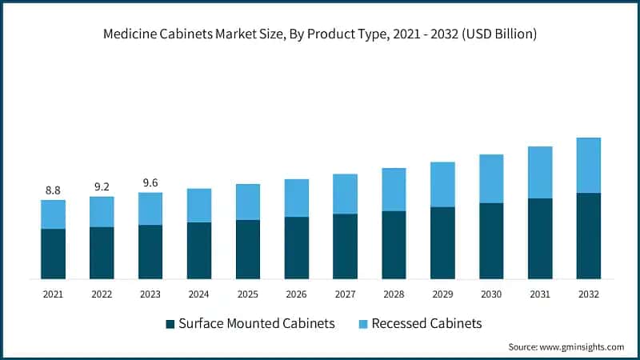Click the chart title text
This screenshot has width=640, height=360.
(x=320, y=34)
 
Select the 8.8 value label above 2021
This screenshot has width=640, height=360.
(x=53, y=190)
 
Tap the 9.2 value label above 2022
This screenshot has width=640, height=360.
(x=102, y=186)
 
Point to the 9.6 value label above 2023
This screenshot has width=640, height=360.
(x=150, y=182)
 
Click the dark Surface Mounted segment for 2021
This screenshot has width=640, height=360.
(x=53, y=254)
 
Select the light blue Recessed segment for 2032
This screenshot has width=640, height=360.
(x=589, y=165)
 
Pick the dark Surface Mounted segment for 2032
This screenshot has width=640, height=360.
(x=589, y=235)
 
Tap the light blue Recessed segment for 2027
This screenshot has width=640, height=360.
(x=345, y=194)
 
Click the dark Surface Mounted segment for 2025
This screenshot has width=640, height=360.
(x=248, y=249)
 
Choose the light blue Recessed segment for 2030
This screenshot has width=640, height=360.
(x=491, y=178)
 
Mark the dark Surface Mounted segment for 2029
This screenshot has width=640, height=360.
(x=442, y=242)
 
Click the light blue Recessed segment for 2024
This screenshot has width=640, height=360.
(x=199, y=206)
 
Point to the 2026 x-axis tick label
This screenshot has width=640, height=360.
(x=297, y=294)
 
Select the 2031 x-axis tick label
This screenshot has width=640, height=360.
(x=540, y=294)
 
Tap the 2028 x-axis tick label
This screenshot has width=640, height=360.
(x=394, y=294)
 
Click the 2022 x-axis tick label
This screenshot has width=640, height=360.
(x=102, y=294)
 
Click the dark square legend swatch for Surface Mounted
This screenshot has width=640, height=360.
(x=170, y=324)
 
